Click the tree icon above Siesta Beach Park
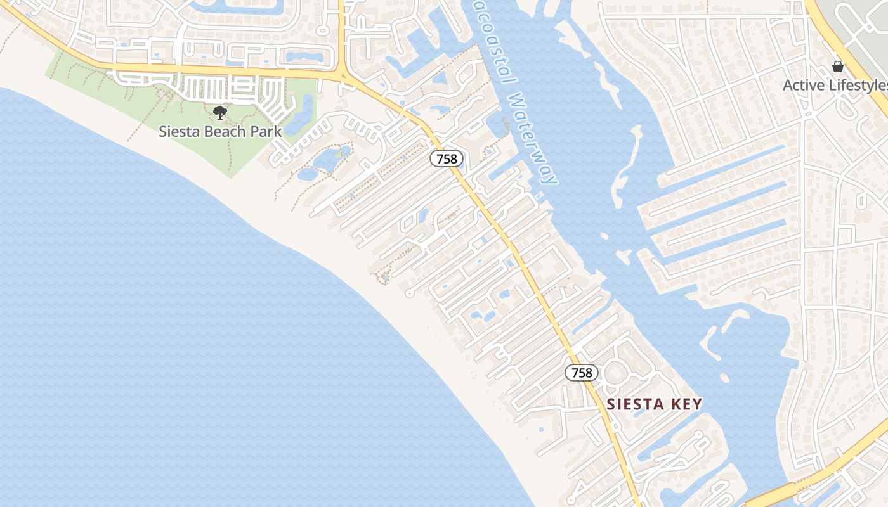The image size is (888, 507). (220, 113)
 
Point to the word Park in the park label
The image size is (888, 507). (265, 132)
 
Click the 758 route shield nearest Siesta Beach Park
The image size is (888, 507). (447, 158)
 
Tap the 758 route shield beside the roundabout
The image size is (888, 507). (582, 373)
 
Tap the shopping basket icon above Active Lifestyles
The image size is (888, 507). (838, 67)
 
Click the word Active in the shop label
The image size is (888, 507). (802, 86)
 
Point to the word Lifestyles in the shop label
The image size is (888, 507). (856, 86)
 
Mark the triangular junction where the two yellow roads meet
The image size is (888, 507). (343, 75)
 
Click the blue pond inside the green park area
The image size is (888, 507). (302, 114)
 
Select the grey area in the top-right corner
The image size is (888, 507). (869, 25)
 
